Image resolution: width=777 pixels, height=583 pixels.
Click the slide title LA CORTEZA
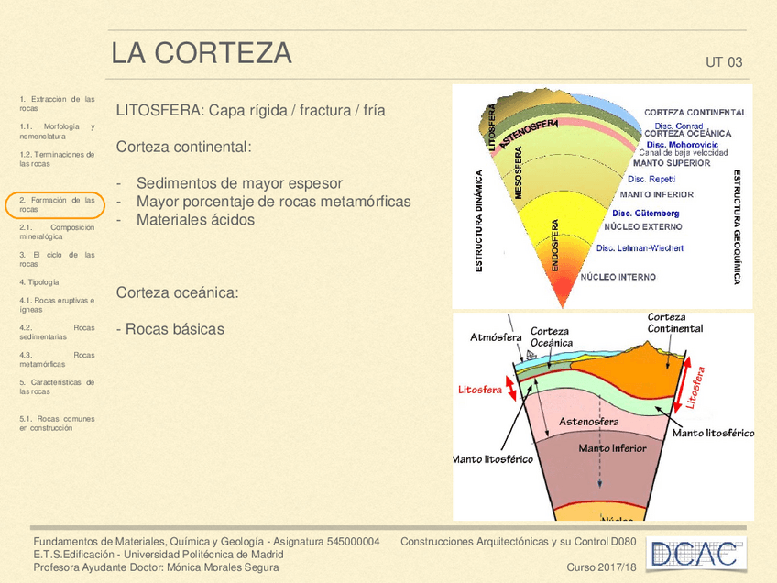202,54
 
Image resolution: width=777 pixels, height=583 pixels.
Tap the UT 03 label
724,63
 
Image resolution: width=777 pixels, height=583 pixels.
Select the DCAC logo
696,554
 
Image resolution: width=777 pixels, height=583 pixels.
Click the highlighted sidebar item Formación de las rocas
57,204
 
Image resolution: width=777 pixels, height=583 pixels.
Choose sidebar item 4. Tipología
39,282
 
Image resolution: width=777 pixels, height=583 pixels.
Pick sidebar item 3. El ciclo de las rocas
57,259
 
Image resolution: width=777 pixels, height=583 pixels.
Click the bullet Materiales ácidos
195,220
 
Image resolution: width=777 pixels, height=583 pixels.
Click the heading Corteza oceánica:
178,292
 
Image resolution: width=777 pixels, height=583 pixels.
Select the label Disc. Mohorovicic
682,144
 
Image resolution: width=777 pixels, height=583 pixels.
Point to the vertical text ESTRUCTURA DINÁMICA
478,220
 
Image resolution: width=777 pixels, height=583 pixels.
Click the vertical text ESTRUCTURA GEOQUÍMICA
737,226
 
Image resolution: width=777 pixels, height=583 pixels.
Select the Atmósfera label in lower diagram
496,337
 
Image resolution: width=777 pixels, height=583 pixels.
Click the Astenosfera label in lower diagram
589,422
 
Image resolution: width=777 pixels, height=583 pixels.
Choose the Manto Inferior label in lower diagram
612,448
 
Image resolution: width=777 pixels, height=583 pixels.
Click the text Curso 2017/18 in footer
601,568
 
